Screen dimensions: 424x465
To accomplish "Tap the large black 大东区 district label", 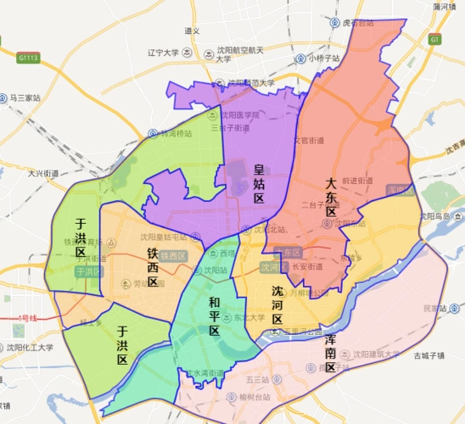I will (332, 197).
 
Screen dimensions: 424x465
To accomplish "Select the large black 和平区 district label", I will (215, 316).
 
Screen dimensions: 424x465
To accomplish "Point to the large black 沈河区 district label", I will (277, 305).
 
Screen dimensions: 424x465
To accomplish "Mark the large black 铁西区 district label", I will (153, 267).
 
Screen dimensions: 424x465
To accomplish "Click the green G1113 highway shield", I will (28, 59).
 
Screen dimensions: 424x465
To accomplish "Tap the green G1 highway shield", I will (434, 39).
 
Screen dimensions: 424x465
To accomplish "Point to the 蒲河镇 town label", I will (445, 7).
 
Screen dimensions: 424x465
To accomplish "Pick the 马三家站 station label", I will (25, 98).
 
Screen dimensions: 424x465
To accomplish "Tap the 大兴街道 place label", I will (42, 173).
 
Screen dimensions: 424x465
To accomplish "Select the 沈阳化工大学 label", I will (30, 347).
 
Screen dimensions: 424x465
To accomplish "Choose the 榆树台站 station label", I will (254, 396).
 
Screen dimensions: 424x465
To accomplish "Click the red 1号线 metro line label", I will (27, 318).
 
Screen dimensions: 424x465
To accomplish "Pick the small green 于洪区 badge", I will (87, 272).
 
